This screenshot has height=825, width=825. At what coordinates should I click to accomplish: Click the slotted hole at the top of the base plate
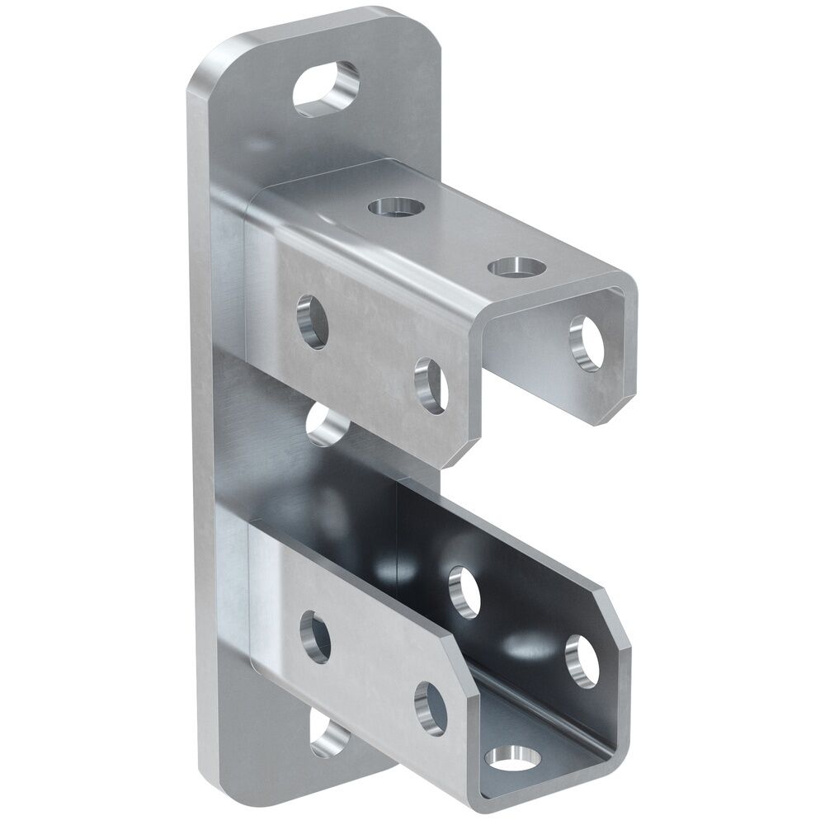327,87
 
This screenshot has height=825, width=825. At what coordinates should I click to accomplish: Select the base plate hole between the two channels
328,426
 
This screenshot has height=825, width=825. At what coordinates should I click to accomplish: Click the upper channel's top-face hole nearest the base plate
393,206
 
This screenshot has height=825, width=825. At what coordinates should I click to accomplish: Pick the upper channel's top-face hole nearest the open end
516,266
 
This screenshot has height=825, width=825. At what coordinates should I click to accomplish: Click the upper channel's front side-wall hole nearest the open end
431,384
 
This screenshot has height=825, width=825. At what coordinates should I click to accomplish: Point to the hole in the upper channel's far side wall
591,342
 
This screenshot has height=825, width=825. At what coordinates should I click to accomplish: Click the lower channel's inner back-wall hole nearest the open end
582,661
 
